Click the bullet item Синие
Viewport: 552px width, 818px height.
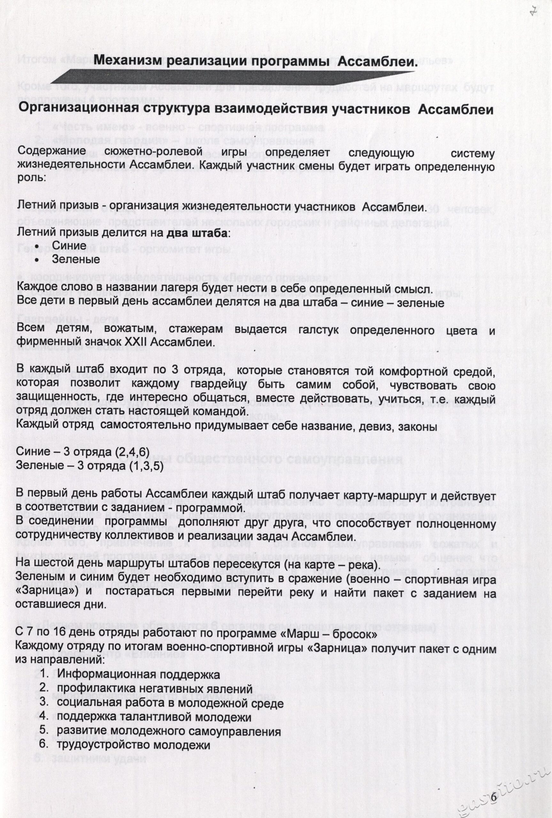point(69,245)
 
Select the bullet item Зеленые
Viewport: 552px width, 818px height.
point(76,259)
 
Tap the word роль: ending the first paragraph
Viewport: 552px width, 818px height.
point(31,177)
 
